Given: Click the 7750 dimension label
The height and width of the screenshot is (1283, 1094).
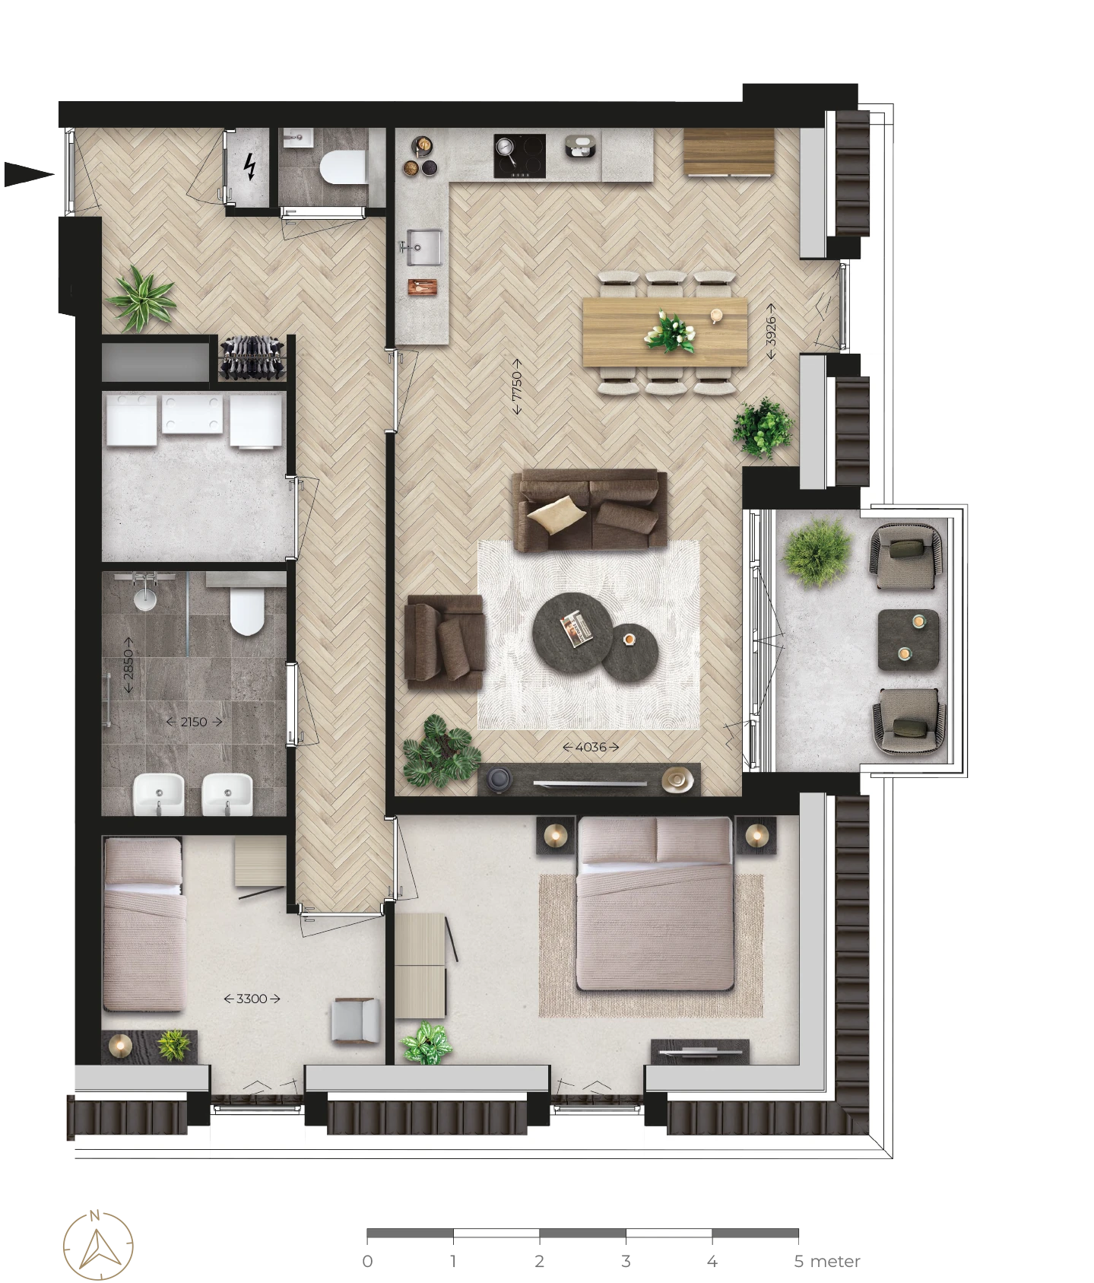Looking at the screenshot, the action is tap(517, 387).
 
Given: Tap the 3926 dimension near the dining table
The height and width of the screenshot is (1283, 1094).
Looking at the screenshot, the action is tap(772, 330).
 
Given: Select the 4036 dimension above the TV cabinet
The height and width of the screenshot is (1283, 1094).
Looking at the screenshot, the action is tap(591, 747).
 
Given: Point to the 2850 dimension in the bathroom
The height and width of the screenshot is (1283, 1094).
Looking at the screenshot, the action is tap(128, 665).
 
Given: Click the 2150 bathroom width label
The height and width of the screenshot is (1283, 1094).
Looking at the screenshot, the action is tap(194, 722).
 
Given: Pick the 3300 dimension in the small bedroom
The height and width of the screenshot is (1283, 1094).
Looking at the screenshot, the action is tap(252, 999).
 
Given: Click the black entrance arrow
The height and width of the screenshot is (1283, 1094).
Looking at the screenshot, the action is tap(29, 174).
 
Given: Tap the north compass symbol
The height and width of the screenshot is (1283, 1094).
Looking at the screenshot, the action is tap(98, 1245).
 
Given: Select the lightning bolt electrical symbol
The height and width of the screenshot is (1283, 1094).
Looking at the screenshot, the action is tap(249, 167).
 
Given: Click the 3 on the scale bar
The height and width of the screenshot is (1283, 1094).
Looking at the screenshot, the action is tap(626, 1261).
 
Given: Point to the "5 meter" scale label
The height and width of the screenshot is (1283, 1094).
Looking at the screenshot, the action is tap(827, 1261).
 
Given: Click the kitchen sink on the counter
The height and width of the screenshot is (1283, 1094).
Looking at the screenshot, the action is tap(424, 247).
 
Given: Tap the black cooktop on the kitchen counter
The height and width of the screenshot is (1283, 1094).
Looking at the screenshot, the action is tap(519, 156).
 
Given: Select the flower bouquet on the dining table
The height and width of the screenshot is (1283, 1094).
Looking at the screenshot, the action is tap(670, 332).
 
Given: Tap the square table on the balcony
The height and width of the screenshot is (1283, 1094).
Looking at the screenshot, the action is tap(908, 640).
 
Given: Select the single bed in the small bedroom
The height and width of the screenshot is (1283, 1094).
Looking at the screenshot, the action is tap(144, 924).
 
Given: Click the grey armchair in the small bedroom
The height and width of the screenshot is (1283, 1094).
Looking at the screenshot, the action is tap(355, 1020).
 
